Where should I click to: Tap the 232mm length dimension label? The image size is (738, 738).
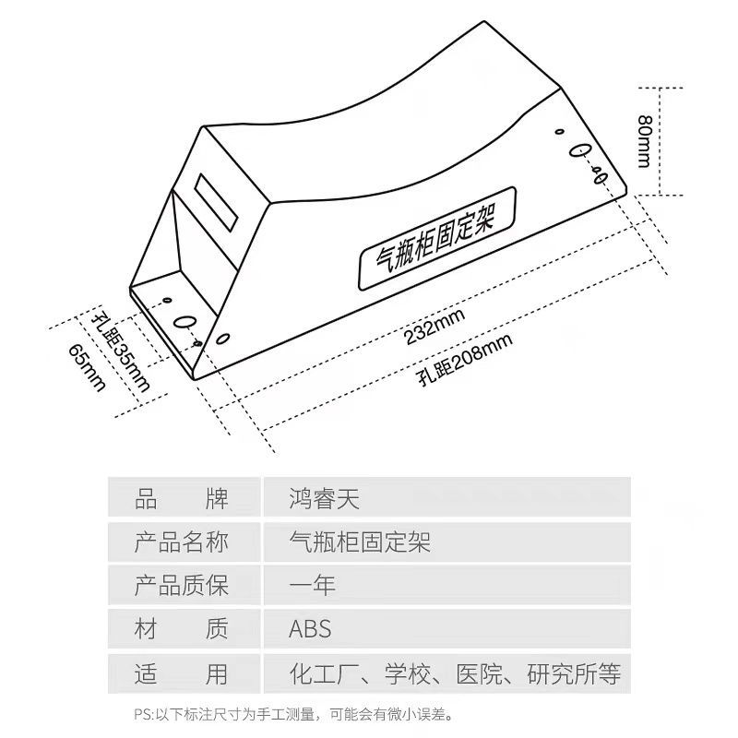point(434,327)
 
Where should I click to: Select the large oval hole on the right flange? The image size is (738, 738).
point(580,151)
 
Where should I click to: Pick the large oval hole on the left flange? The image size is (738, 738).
point(184,323)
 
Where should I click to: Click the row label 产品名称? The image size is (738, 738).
point(181,542)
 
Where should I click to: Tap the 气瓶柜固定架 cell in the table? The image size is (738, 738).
point(360,542)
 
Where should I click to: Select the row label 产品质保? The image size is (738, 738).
point(181,585)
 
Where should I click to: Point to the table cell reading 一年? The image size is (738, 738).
point(313,585)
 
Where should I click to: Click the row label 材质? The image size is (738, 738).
point(181,629)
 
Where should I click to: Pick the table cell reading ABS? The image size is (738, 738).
point(310,629)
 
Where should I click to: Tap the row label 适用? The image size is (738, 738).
point(181,673)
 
